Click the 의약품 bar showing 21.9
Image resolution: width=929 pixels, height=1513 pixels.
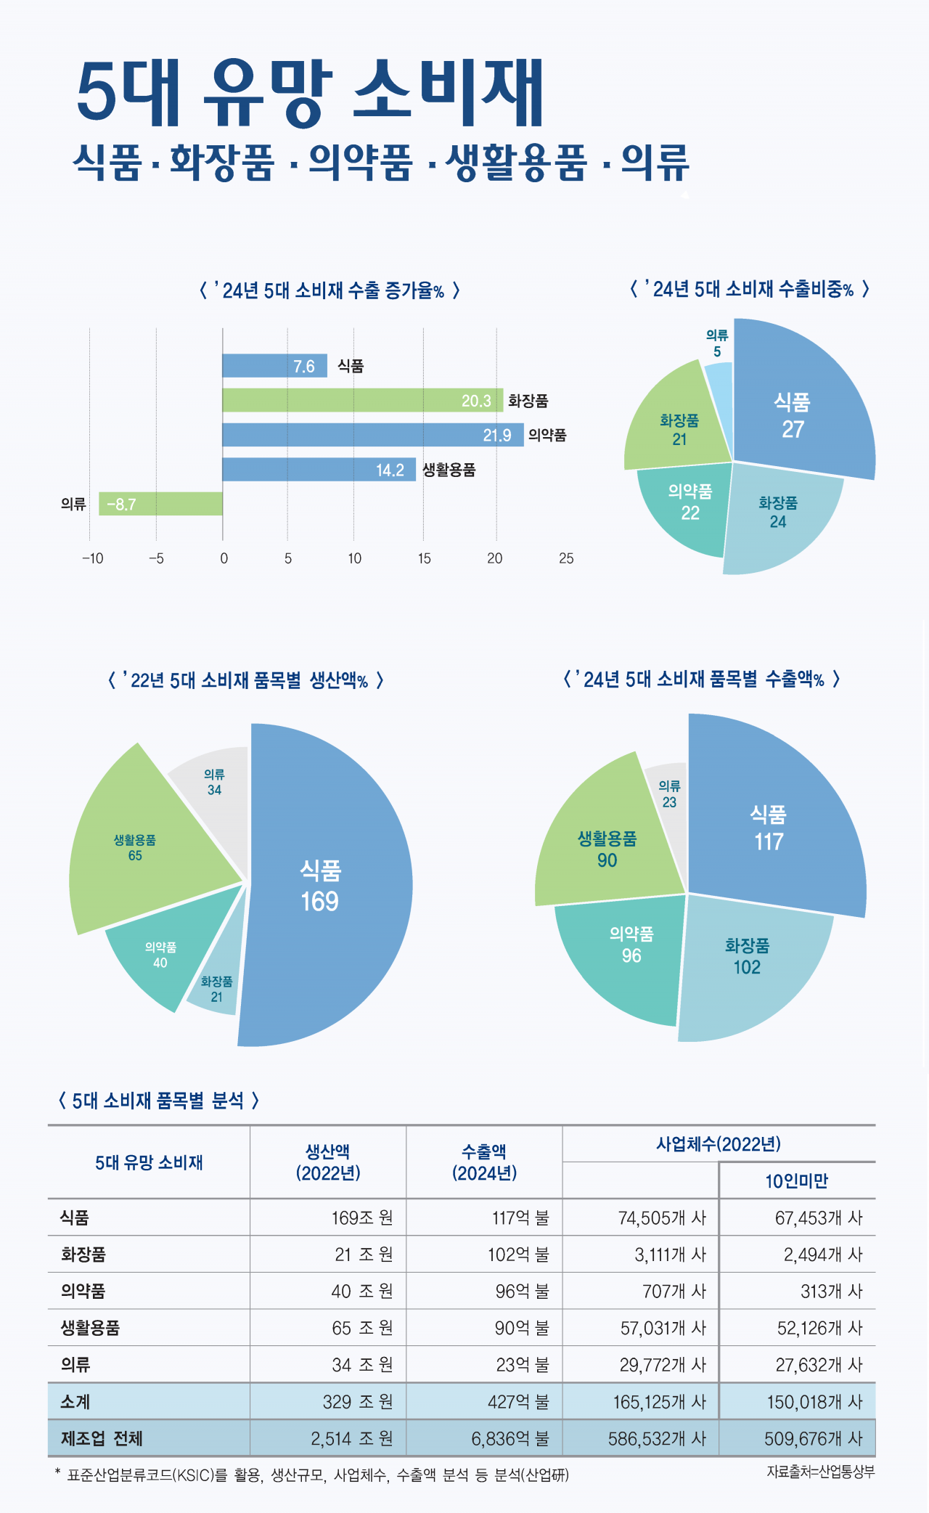coord(372,435)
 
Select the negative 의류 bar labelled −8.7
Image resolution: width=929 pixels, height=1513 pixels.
coord(160,504)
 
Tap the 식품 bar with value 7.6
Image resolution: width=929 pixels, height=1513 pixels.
coord(274,366)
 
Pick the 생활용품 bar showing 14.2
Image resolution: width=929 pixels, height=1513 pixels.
coord(319,470)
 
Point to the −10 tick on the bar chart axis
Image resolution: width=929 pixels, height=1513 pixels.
coord(92,558)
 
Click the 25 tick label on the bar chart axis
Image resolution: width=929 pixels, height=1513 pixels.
coord(566,558)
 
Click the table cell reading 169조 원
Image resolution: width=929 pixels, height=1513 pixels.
coord(362,1218)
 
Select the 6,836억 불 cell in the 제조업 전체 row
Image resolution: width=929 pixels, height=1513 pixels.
coord(510,1438)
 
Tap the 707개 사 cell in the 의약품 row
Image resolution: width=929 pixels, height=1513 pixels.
coord(674,1291)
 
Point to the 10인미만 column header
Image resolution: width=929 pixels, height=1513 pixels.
coord(796,1181)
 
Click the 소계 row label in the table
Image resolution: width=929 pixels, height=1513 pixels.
coord(75,1401)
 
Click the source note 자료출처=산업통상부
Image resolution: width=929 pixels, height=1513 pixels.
coord(820,1472)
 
